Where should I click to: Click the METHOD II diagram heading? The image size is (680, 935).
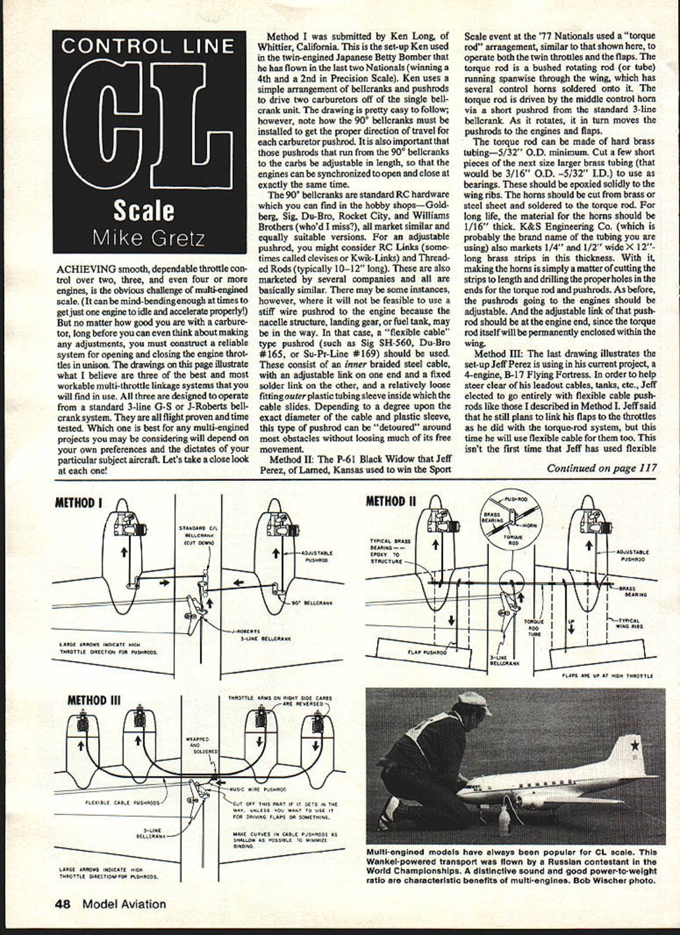(391, 501)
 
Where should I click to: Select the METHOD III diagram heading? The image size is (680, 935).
(94, 699)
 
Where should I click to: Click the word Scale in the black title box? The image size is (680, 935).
(144, 210)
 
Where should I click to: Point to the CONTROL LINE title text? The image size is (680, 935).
(147, 46)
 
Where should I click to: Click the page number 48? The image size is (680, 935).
(63, 904)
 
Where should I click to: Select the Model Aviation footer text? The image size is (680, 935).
(124, 904)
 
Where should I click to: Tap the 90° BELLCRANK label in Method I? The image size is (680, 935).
(316, 602)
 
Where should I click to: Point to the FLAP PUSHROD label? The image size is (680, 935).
(427, 653)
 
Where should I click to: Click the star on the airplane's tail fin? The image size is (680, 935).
(634, 745)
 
